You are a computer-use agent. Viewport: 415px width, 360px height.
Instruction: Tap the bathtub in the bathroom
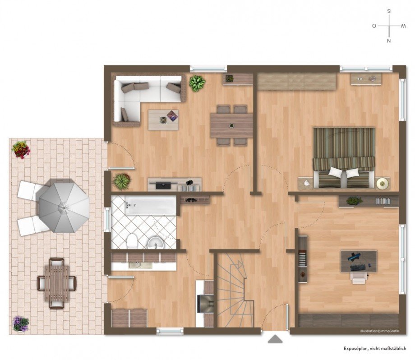(150, 205)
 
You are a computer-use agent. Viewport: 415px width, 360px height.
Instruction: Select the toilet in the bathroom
(132, 241)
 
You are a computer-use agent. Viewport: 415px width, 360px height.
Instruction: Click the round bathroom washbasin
(156, 243)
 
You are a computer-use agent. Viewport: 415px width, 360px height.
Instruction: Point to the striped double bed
(344, 158)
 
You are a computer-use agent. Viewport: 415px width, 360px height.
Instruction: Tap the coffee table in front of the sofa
(163, 120)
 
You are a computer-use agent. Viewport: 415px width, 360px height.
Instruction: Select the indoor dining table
(231, 126)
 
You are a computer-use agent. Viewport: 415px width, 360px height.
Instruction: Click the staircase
(235, 290)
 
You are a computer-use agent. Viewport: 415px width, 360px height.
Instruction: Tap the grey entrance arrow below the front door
(275, 339)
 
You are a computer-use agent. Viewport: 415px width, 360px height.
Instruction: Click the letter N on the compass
(389, 41)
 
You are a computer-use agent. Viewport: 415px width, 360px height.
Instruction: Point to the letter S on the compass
(389, 11)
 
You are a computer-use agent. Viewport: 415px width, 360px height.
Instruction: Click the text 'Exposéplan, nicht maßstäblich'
(375, 349)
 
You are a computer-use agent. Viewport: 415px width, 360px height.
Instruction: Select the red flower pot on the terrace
(21, 150)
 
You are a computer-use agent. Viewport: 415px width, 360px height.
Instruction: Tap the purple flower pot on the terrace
(21, 323)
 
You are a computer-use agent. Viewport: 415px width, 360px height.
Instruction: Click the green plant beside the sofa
(197, 83)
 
